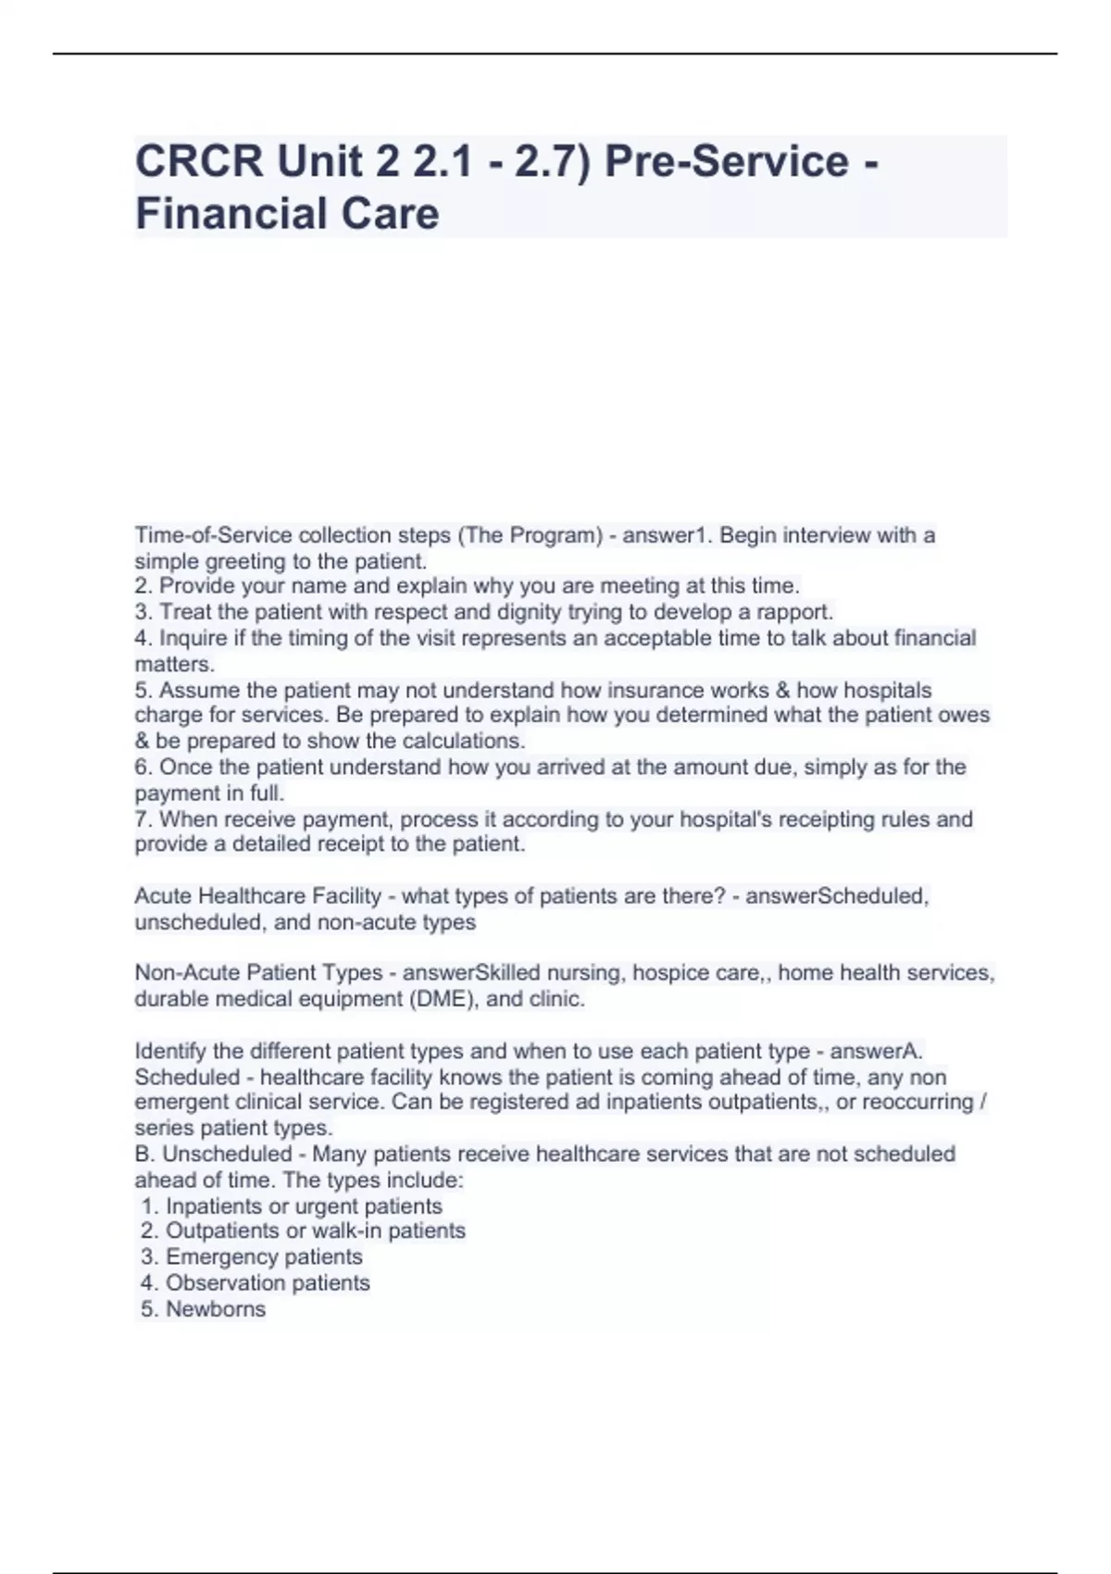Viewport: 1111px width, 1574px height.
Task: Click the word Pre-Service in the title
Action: click(726, 162)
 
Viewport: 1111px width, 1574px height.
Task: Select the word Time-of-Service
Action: click(200, 535)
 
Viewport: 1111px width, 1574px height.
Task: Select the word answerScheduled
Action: click(836, 896)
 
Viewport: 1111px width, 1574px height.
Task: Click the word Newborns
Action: click(216, 1309)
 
